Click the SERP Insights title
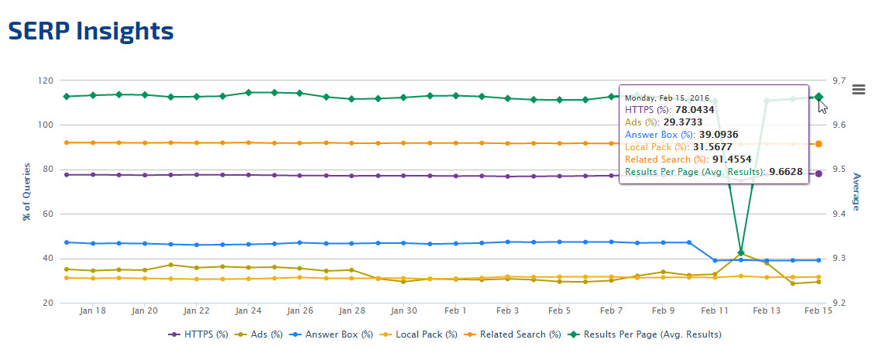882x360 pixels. tap(91, 31)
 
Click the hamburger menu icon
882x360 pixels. tap(858, 89)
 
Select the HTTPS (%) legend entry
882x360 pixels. tap(199, 334)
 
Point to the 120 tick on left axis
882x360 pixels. tap(45, 81)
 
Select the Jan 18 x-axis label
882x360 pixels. tap(93, 310)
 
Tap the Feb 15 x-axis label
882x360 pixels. tap(819, 310)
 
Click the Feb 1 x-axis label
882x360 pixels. tap(455, 310)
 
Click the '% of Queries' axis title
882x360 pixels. tap(27, 191)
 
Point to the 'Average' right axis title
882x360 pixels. tap(856, 191)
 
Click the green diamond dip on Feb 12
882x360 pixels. tap(741, 252)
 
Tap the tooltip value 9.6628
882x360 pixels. tap(784, 171)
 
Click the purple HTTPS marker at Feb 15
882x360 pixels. tap(819, 173)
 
